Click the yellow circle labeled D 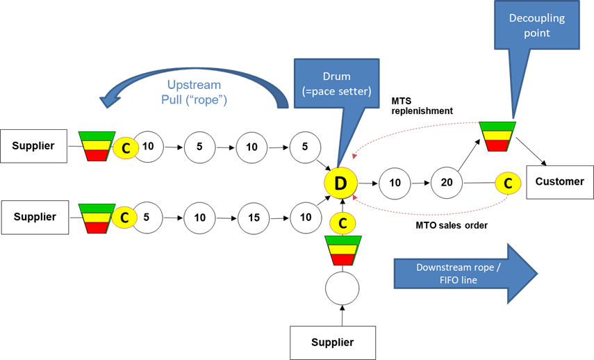click(x=340, y=183)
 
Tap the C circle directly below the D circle click(x=343, y=223)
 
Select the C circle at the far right click(x=508, y=183)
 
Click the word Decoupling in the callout click(x=537, y=18)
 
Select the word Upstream click(x=194, y=85)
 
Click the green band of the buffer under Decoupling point click(x=497, y=126)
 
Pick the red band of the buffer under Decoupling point click(x=497, y=146)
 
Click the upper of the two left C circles click(x=126, y=147)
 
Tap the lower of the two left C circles click(x=124, y=218)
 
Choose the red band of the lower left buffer click(x=97, y=227)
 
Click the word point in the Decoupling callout click(x=537, y=33)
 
